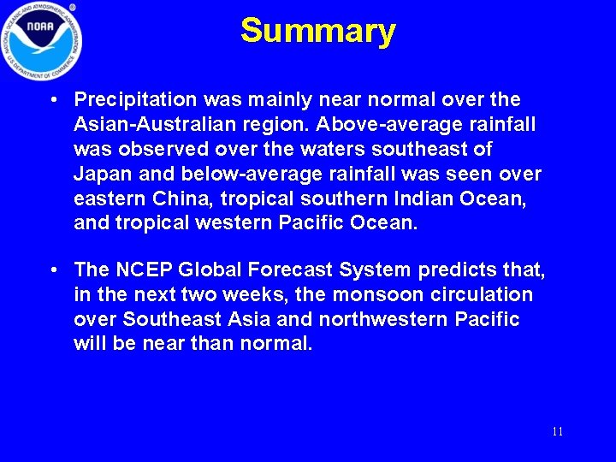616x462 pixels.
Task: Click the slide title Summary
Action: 317,31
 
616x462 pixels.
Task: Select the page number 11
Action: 557,431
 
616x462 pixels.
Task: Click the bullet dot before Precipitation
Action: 54,100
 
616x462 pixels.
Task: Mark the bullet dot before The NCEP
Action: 54,269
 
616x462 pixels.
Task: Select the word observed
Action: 162,150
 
